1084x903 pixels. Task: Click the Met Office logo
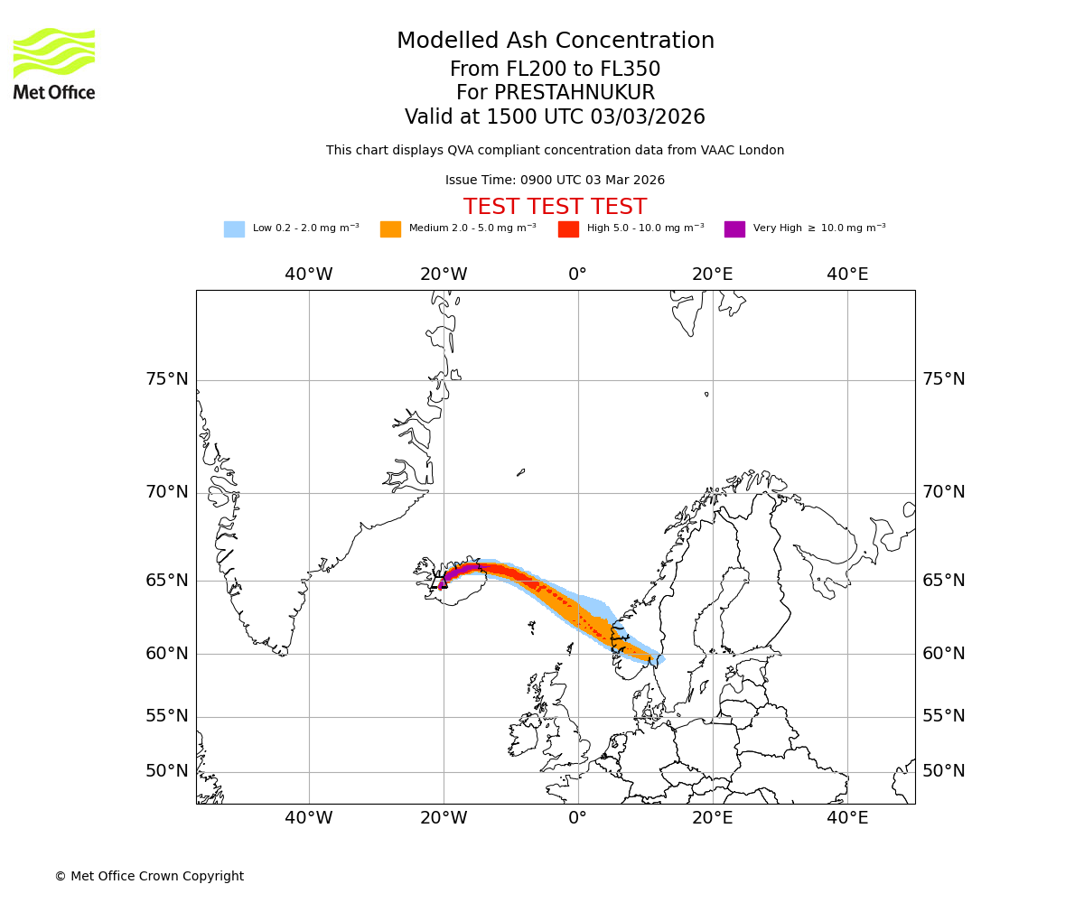click(54, 63)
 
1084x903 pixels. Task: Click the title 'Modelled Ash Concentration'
click(556, 42)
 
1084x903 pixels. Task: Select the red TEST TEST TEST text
click(555, 208)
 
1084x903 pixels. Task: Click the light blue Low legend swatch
click(234, 229)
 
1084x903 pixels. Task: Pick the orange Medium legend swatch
click(390, 229)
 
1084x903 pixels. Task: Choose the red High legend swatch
click(568, 229)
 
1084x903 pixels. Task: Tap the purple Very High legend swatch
click(734, 229)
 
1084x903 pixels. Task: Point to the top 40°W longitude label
click(309, 275)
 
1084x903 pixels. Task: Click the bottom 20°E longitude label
click(713, 818)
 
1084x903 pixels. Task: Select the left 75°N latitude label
click(167, 379)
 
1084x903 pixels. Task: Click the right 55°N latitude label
click(944, 716)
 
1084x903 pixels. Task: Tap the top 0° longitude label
click(578, 275)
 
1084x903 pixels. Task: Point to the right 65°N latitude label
click(944, 580)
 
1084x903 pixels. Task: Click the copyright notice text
click(149, 876)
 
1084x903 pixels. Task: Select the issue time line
click(555, 181)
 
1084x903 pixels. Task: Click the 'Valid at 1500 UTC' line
click(555, 117)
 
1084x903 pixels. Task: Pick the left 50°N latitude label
click(167, 771)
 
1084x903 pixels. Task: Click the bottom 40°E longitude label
click(847, 818)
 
